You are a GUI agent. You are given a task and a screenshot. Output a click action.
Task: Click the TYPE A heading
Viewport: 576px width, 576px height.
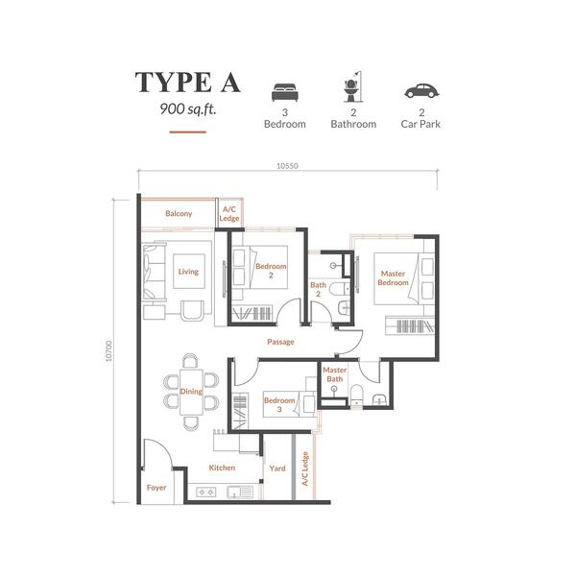188,83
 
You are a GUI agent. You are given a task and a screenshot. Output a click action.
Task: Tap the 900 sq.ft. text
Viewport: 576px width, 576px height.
188,109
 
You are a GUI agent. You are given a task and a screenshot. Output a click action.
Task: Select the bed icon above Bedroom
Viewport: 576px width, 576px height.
285,92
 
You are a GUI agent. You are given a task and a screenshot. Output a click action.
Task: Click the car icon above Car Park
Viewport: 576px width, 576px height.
421,90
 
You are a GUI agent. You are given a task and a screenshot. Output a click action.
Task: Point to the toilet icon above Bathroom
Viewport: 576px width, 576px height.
352,86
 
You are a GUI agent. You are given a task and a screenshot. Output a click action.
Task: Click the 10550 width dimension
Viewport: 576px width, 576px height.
287,166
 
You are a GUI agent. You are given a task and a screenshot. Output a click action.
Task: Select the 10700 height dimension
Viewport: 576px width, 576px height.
108,351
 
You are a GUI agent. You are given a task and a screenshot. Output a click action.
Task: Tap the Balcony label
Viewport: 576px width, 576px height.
179,213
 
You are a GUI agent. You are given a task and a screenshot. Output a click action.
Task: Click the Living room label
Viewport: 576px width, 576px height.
188,272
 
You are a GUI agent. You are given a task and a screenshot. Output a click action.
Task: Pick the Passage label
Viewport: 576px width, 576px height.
280,342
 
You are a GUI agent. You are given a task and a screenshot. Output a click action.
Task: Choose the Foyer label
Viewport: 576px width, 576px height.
156,488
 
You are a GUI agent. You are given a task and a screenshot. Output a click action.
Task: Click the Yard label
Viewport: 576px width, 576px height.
277,468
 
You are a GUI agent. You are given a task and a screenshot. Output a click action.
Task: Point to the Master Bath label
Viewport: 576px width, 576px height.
335,374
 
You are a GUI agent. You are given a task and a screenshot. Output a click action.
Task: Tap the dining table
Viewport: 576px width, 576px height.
191,392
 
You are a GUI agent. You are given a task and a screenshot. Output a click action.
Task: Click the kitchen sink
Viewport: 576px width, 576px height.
240,492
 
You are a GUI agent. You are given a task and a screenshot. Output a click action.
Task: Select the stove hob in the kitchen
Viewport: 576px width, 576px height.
206,492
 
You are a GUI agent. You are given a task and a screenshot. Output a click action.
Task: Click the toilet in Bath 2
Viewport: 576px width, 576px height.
339,289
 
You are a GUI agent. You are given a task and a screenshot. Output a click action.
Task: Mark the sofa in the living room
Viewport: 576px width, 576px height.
155,272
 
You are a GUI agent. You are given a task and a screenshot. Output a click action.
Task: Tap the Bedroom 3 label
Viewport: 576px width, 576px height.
279,404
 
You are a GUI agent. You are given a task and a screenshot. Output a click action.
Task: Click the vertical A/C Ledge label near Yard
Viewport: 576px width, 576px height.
305,468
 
